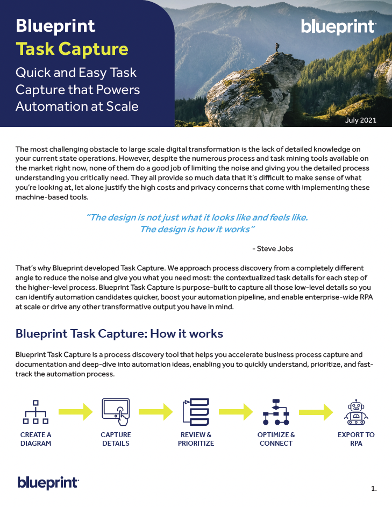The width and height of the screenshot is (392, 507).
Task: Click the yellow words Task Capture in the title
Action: pos(72,49)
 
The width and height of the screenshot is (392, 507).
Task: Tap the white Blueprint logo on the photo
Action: pos(338,27)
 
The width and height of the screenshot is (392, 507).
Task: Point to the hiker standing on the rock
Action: pos(277,47)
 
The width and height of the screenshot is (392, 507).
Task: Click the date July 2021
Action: pos(360,120)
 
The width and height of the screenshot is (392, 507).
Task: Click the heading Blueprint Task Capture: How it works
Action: pos(119,333)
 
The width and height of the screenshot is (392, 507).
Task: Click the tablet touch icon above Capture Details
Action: pos(116,412)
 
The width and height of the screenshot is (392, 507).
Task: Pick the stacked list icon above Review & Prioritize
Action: pos(196,412)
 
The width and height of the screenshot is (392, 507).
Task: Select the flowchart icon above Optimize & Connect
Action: pos(276,412)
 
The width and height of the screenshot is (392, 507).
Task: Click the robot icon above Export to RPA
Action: pos(356,412)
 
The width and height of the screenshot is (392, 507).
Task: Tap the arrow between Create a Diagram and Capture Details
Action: pos(75,412)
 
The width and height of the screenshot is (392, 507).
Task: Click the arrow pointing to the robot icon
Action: pos(316,412)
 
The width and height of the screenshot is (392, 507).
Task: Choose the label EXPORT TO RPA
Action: pos(356,439)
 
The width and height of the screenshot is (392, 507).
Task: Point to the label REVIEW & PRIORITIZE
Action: pos(196,439)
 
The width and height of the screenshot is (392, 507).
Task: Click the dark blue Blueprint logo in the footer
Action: pos(48,482)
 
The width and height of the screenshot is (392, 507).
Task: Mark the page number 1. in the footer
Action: pos(374,488)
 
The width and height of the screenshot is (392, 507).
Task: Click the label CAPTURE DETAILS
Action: pos(116,439)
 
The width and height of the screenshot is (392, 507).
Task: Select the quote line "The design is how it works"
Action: pos(197,230)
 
